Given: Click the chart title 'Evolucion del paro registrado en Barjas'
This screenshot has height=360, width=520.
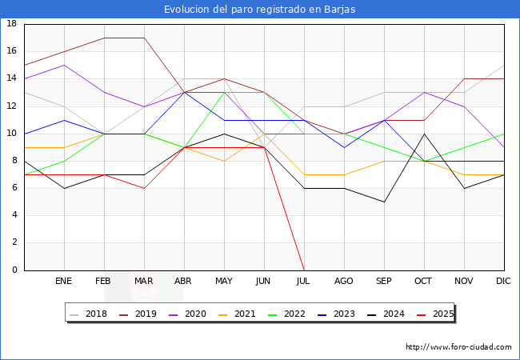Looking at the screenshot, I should click(260, 10).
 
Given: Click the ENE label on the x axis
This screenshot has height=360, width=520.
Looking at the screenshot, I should click(64, 282).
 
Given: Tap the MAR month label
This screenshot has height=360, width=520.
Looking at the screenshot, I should click(144, 282).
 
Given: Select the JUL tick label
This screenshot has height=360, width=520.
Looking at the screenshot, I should click(304, 282).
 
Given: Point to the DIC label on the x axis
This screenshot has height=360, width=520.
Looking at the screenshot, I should click(504, 282).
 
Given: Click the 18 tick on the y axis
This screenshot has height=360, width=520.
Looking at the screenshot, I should click(12, 24).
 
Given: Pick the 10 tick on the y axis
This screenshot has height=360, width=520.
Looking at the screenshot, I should click(12, 134).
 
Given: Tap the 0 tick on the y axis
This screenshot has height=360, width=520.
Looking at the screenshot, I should click(14, 270).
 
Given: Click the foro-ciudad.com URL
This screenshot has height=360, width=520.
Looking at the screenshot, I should click(458, 347).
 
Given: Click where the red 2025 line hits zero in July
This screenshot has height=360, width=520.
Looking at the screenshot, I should click(304, 270).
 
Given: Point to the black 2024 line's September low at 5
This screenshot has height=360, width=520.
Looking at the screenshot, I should click(384, 202).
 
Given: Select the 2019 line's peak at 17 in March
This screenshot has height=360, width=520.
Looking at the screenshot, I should click(144, 38).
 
